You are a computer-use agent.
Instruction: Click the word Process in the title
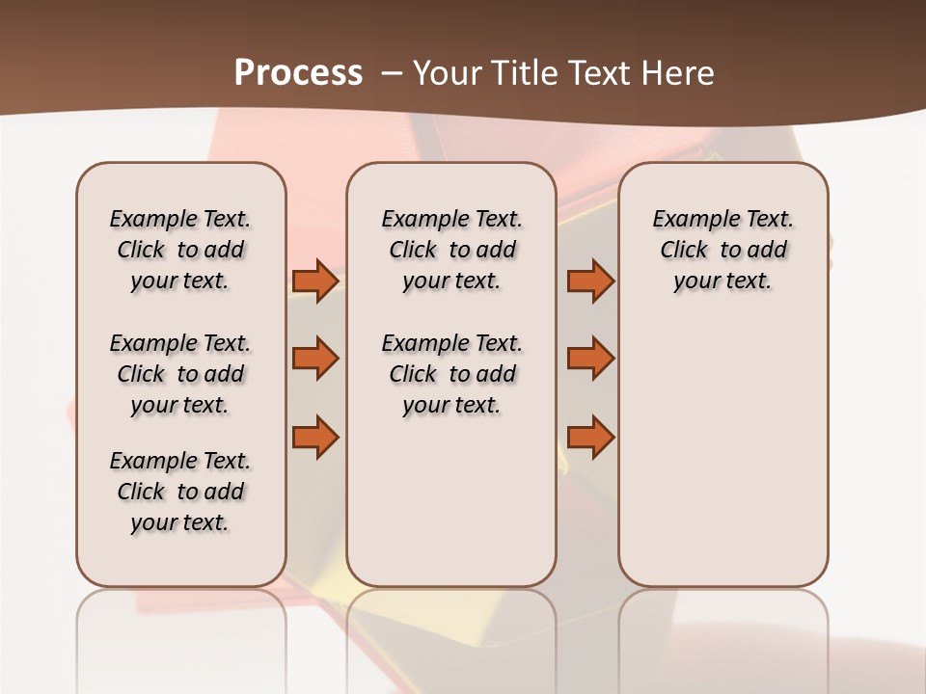pyautogui.click(x=298, y=73)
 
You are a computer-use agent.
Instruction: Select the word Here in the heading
pyautogui.click(x=679, y=73)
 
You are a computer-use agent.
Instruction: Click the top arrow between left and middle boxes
pyautogui.click(x=315, y=280)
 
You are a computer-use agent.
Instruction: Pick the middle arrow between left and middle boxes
pyautogui.click(x=315, y=359)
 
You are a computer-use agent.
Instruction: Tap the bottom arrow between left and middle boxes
pyautogui.click(x=315, y=438)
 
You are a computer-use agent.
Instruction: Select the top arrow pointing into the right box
pyautogui.click(x=590, y=280)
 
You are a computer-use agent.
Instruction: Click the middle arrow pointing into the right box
pyautogui.click(x=590, y=359)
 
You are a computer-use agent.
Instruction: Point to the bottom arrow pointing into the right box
pyautogui.click(x=590, y=438)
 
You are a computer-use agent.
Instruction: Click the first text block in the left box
pyautogui.click(x=180, y=250)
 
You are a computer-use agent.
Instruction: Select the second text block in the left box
pyautogui.click(x=180, y=374)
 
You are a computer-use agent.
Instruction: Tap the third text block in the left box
pyautogui.click(x=180, y=492)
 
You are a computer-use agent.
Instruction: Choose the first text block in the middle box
pyautogui.click(x=452, y=250)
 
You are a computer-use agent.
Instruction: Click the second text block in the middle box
pyautogui.click(x=452, y=374)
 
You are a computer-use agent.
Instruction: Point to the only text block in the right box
pyautogui.click(x=723, y=250)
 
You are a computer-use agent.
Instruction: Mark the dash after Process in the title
pyautogui.click(x=392, y=73)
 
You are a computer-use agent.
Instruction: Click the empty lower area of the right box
pyautogui.click(x=723, y=463)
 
